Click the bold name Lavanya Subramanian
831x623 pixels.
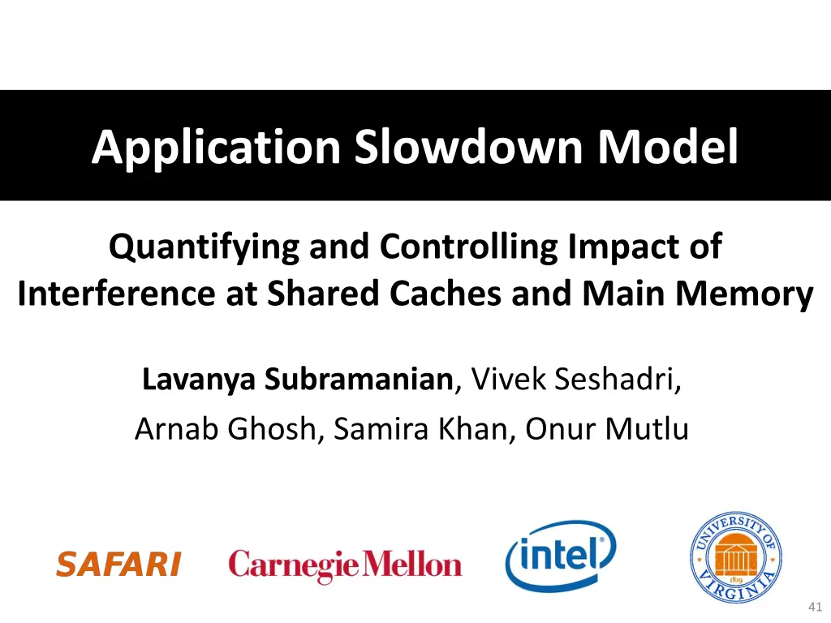tap(296, 379)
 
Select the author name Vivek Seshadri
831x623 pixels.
tap(575, 379)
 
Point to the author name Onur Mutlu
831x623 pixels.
tap(606, 428)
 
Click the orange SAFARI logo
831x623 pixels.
tap(118, 565)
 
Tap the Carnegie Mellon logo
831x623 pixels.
tap(345, 565)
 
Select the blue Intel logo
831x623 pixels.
tap(561, 556)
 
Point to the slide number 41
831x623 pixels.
tap(816, 607)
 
